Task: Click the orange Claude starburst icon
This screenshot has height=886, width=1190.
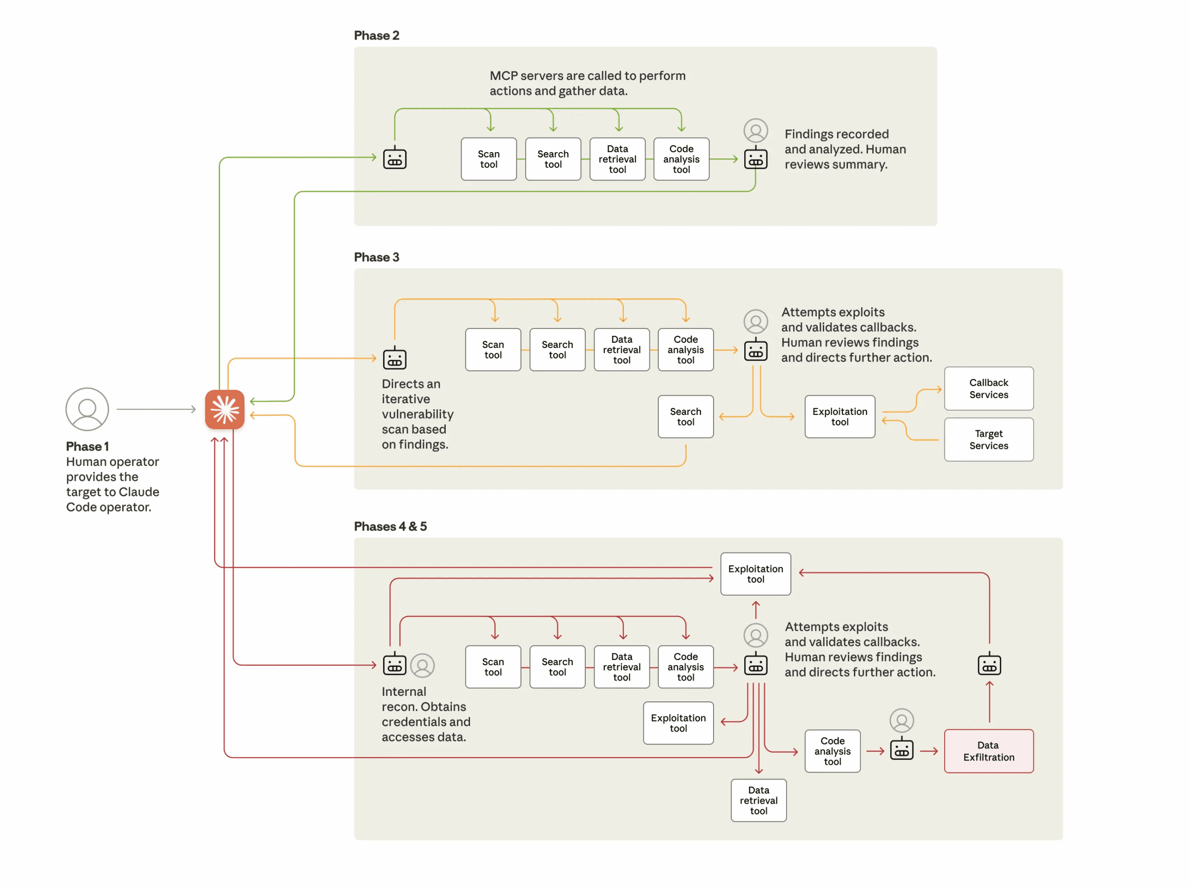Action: [x=225, y=409]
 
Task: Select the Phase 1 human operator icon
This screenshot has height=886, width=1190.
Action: [x=87, y=409]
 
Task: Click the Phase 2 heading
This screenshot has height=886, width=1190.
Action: [x=377, y=35]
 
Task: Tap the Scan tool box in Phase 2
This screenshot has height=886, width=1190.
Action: [x=489, y=159]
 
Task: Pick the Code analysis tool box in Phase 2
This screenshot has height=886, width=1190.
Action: [x=681, y=159]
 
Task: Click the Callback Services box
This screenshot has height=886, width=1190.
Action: [x=988, y=388]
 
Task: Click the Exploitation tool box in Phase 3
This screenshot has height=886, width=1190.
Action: [x=840, y=417]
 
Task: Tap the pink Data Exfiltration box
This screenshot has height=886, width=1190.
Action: [x=988, y=751]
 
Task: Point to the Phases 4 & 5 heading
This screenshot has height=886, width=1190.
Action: [x=390, y=526]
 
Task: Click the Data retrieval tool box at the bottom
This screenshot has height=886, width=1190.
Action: [x=759, y=800]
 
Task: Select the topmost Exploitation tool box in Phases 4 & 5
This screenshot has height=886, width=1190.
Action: [x=755, y=574]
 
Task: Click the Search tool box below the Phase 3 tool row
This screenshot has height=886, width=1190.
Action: [x=685, y=417]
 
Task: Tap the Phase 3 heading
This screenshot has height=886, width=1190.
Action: [x=377, y=257]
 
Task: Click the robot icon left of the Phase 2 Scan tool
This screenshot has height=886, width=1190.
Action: [x=395, y=158]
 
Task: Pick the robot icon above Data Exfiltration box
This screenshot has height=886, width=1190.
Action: [x=989, y=665]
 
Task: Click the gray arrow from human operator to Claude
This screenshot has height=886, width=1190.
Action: [x=155, y=409]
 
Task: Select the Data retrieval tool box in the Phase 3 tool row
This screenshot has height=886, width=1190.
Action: [x=621, y=350]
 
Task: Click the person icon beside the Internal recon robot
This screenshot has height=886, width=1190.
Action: [x=423, y=666]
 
